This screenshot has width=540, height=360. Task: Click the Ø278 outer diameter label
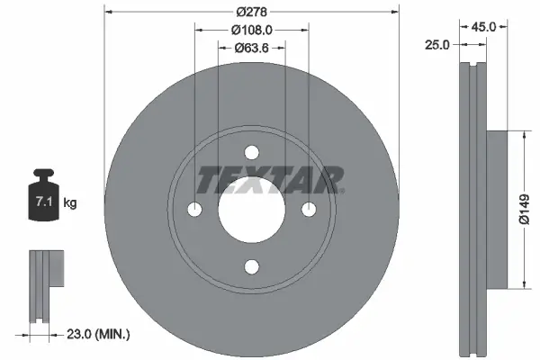252,12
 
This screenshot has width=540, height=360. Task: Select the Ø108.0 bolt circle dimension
252,30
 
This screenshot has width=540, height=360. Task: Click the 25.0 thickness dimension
438,45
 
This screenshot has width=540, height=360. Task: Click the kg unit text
70,204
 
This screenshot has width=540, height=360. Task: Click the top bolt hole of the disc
252,153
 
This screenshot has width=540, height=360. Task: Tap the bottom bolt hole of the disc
252,265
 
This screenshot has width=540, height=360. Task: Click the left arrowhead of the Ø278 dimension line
109,12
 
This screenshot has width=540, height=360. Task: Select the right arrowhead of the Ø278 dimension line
395,12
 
